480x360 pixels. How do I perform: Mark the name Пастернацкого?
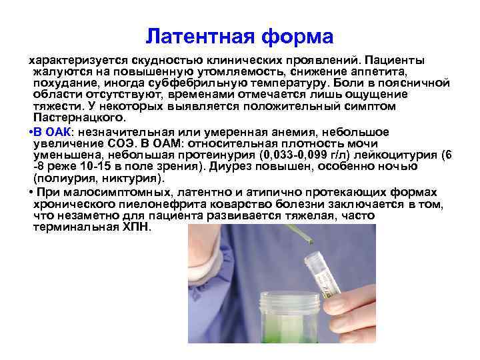(x=75, y=118)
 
